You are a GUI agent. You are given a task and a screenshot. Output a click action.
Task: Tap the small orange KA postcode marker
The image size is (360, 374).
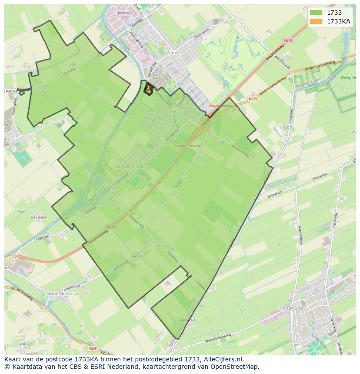pyautogui.click(x=149, y=89)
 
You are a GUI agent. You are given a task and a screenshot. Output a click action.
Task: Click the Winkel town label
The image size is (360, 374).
pyautogui.click(x=173, y=52)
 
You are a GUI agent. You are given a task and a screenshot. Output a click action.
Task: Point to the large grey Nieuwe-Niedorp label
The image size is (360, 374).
pyautogui.click(x=130, y=166)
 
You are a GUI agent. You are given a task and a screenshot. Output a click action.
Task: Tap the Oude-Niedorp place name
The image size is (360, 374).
pyautogui.click(x=61, y=294)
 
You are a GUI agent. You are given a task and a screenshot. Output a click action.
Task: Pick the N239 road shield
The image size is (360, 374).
pyautogui.click(x=253, y=99)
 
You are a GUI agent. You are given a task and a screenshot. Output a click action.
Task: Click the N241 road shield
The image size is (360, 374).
pyautogui.click(x=93, y=348)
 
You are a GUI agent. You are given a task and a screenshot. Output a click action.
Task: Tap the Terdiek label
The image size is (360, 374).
pyautogui.click(x=137, y=256)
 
